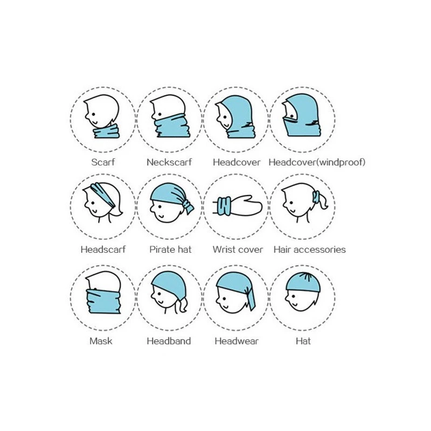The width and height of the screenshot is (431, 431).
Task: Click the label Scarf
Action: point(103,162)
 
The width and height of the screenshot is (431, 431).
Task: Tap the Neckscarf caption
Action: point(169,162)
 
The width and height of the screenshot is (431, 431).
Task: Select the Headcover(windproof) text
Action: point(317,162)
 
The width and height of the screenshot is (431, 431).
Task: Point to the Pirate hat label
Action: point(170,249)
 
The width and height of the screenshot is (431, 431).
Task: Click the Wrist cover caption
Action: point(238,249)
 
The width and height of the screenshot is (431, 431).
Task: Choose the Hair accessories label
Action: point(309,249)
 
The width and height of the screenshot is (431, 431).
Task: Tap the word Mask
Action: point(101,341)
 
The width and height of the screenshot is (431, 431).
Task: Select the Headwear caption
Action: point(237,341)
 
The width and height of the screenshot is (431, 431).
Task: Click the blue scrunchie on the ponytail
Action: point(316,197)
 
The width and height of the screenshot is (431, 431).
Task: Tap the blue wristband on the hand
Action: point(224,206)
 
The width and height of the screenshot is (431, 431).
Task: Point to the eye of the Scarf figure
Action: point(94,114)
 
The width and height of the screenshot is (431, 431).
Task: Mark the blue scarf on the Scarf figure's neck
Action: point(106,131)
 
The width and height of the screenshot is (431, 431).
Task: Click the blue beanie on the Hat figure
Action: point(303,282)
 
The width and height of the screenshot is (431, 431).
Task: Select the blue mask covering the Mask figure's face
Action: point(103,302)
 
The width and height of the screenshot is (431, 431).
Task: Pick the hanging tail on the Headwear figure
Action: point(251,299)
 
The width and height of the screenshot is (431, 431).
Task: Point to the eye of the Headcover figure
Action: point(226,117)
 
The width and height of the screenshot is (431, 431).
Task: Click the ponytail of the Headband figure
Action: point(182,305)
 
